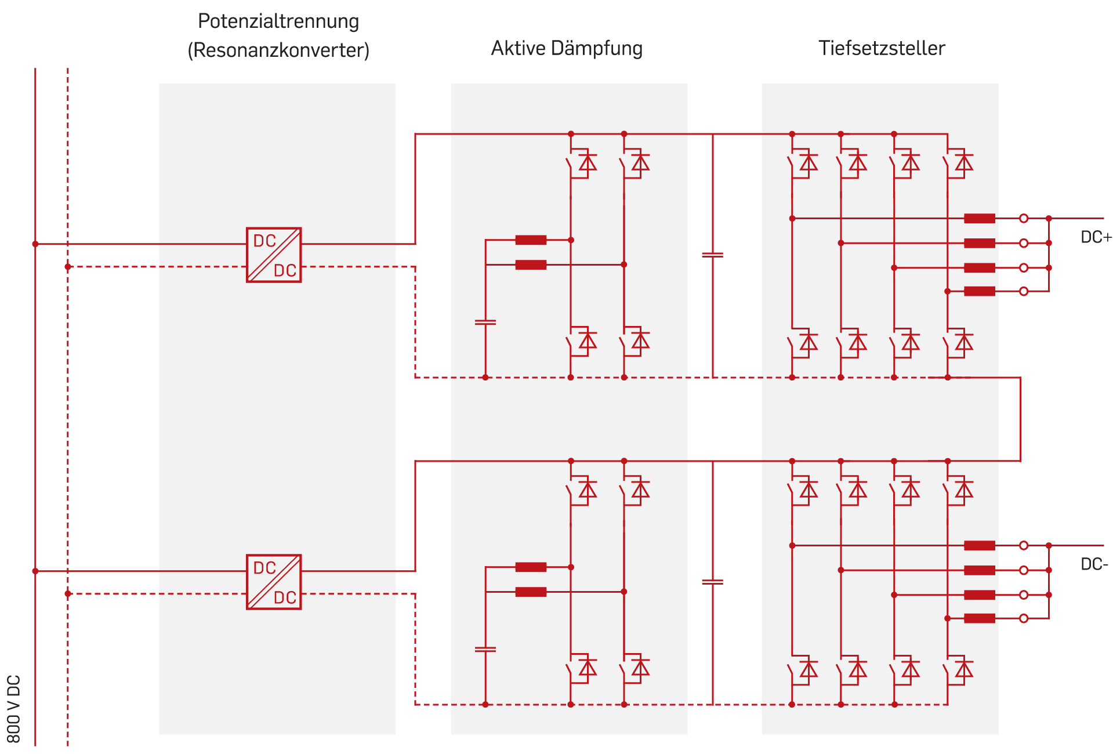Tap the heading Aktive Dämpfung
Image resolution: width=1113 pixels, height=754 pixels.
pyautogui.click(x=567, y=48)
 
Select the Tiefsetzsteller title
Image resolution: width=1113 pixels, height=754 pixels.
pyautogui.click(x=882, y=48)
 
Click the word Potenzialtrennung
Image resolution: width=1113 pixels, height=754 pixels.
pyautogui.click(x=278, y=21)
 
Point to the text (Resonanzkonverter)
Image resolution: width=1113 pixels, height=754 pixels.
pyautogui.click(x=278, y=50)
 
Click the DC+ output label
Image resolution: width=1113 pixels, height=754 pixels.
pyautogui.click(x=1096, y=237)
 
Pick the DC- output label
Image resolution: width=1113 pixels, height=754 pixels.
pyautogui.click(x=1094, y=564)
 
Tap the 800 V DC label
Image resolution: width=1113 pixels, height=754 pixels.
pyautogui.click(x=14, y=709)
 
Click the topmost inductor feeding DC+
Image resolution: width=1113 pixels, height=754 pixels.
pyautogui.click(x=980, y=219)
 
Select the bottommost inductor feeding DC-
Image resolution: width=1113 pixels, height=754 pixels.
pyautogui.click(x=980, y=618)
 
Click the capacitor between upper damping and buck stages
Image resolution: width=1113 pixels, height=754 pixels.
pyautogui.click(x=713, y=255)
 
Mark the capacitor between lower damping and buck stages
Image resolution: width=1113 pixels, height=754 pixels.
pyautogui.click(x=713, y=582)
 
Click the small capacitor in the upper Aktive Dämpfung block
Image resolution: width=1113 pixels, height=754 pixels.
pyautogui.click(x=485, y=322)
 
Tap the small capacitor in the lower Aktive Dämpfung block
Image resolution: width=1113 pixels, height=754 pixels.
pyautogui.click(x=485, y=650)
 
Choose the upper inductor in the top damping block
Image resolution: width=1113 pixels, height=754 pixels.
pyautogui.click(x=531, y=240)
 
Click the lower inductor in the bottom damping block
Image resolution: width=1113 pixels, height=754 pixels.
pyautogui.click(x=531, y=592)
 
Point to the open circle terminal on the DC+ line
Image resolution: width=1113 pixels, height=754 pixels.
pyautogui.click(x=1024, y=219)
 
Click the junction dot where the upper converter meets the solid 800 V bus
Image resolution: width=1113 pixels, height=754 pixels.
pyautogui.click(x=35, y=244)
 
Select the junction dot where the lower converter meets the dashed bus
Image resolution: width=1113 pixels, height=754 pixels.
pyautogui.click(x=68, y=594)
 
